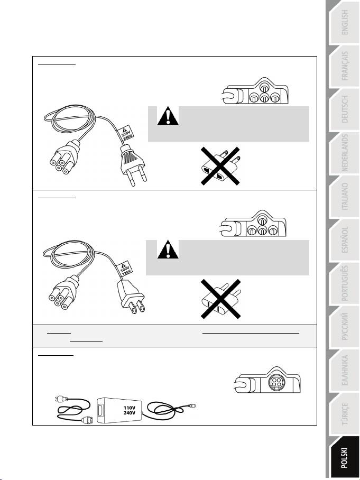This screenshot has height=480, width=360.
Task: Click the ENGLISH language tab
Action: point(344,23)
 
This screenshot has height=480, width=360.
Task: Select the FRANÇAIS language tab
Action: point(344,66)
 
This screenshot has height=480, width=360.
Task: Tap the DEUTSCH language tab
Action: point(344,109)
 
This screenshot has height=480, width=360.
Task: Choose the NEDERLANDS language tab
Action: point(344,153)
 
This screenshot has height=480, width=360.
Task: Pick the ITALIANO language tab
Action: point(344,197)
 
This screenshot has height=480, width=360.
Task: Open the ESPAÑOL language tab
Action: point(344,240)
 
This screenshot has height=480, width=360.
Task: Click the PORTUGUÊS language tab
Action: point(344,283)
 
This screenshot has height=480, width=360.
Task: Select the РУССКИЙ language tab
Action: point(344,327)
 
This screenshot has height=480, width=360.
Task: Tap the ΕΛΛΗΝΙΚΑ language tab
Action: point(344,371)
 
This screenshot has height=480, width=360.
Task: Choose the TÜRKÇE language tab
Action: point(344,414)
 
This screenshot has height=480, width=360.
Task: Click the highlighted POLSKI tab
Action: point(344,457)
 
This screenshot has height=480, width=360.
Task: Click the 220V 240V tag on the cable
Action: point(125,133)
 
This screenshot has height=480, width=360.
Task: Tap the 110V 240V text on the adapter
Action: point(129,410)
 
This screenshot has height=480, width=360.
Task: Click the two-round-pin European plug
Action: point(133,164)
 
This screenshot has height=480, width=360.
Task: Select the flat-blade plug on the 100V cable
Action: point(131,297)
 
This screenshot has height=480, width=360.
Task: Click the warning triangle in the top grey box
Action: point(168,116)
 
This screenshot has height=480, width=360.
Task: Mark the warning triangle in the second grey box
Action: point(168,250)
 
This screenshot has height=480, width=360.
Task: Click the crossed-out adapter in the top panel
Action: point(220,166)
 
